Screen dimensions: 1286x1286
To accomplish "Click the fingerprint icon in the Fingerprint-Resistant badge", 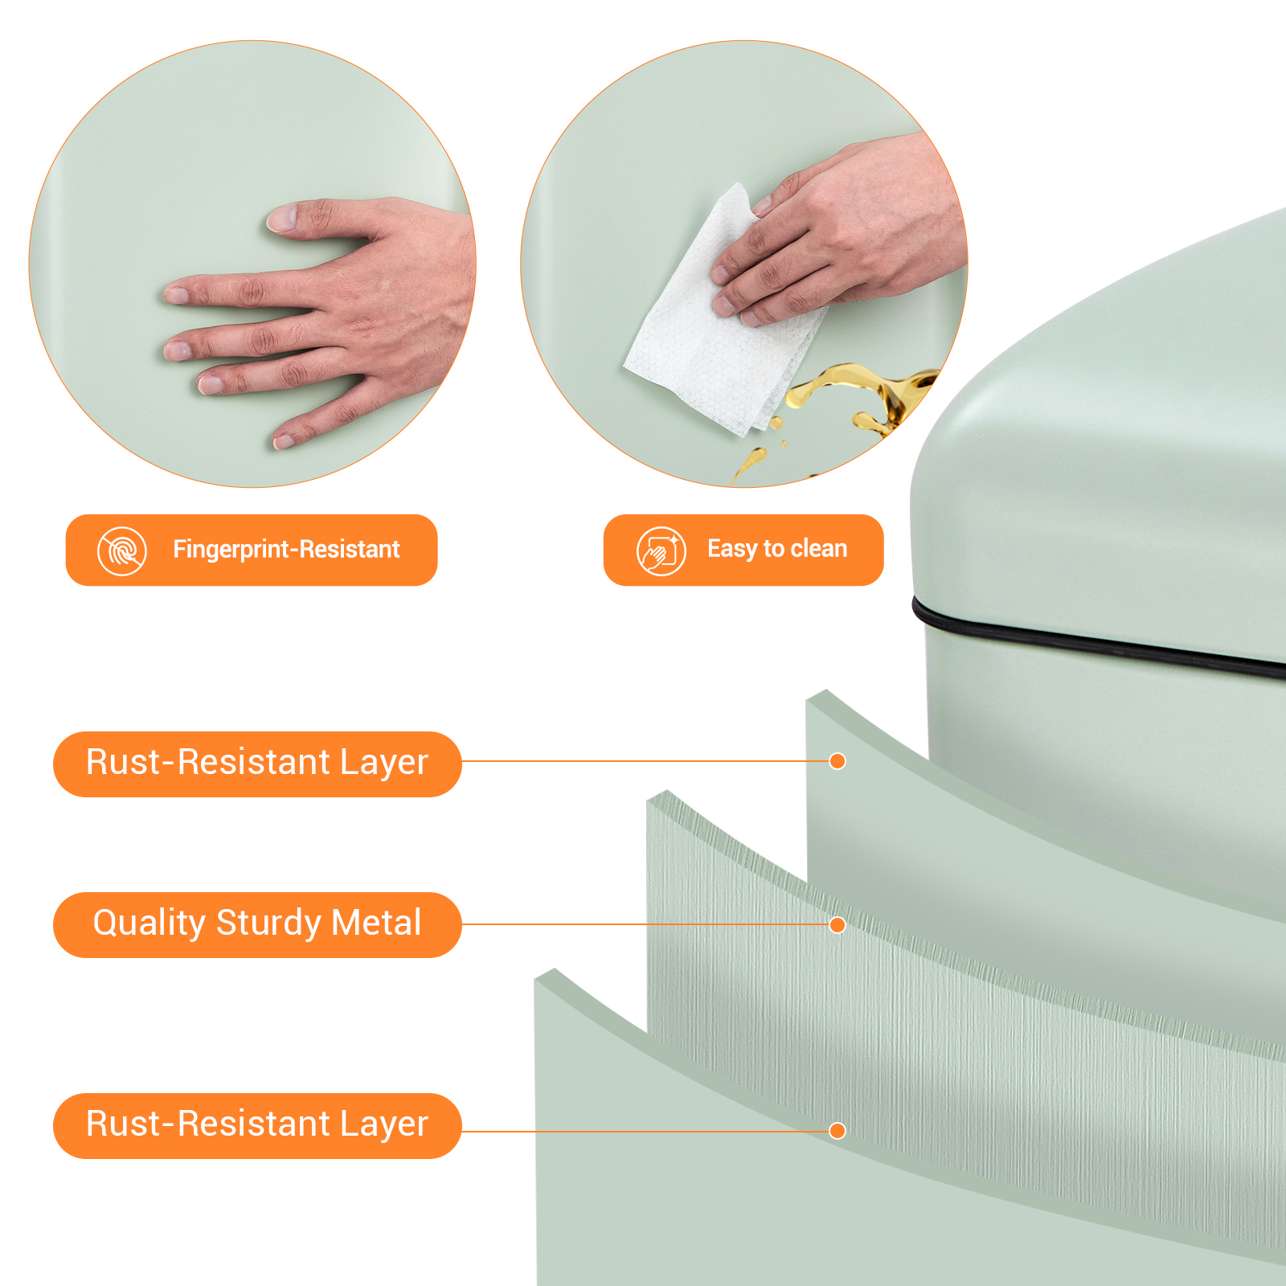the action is point(122,551).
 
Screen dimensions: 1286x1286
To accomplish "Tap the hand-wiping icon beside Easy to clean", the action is point(661,551).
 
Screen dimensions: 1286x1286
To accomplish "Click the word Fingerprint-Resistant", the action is point(286,550).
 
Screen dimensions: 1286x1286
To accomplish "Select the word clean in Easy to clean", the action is point(819,548).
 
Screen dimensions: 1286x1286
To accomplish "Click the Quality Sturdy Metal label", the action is point(257,924).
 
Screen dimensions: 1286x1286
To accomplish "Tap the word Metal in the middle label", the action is point(376,923).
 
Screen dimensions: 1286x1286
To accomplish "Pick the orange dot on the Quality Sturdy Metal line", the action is point(838,925).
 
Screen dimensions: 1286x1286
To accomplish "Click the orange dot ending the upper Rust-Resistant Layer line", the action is point(838,761).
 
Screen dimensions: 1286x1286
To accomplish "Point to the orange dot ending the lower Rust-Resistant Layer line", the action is point(838,1131).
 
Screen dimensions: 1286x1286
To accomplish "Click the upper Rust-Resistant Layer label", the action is point(257,764).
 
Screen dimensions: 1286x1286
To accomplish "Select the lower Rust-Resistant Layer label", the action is point(257,1125).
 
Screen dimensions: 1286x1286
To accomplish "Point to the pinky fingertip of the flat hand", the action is point(285,440).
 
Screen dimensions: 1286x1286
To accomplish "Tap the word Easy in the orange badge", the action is point(732,549).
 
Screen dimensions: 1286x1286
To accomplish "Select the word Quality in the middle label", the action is point(149,924).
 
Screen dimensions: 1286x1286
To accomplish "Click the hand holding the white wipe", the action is point(836,233).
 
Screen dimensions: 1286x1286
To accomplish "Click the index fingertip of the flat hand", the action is point(177,294).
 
